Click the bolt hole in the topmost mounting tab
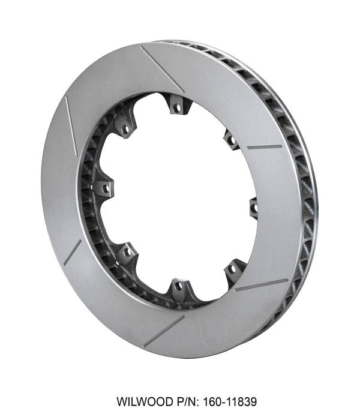coord(176,108)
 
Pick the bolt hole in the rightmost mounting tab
coord(254,208)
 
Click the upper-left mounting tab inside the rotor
coord(125,128)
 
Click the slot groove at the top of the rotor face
coord(162,68)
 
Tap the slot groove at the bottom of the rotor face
coord(163,332)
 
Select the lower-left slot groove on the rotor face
coord(72,252)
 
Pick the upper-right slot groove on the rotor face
coord(264,146)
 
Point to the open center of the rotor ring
coord(180,198)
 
